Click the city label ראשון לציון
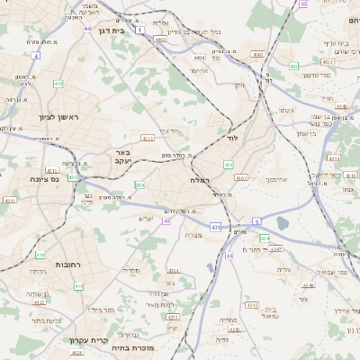[x=35, y=117]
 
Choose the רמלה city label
[x=200, y=181]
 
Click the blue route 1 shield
[x=140, y=30]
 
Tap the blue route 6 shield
[x=256, y=220]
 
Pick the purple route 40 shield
[x=167, y=220]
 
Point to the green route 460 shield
[x=293, y=66]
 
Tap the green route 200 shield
[x=126, y=184]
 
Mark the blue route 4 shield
[x=36, y=56]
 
